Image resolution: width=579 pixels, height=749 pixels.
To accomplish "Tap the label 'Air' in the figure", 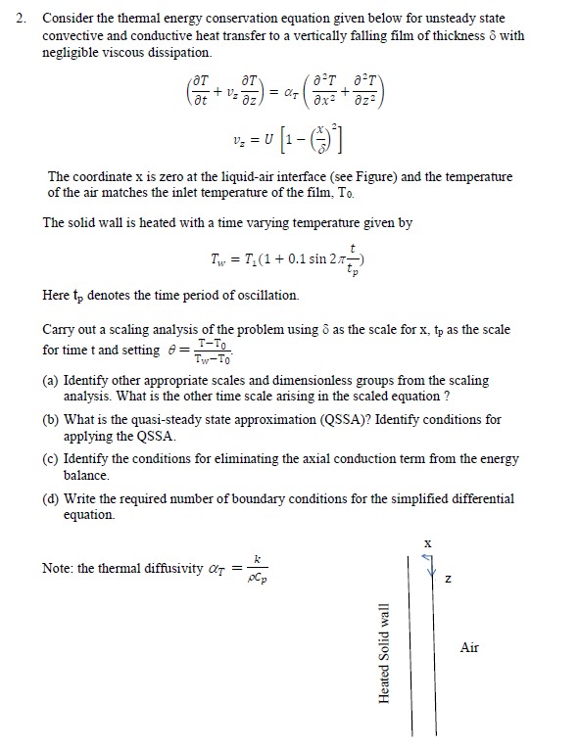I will (x=470, y=647).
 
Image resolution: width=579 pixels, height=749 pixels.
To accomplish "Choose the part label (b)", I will (x=52, y=419).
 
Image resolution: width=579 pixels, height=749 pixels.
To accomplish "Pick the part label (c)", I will (x=52, y=458).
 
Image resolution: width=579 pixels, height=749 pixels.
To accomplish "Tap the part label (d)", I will (x=52, y=498).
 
